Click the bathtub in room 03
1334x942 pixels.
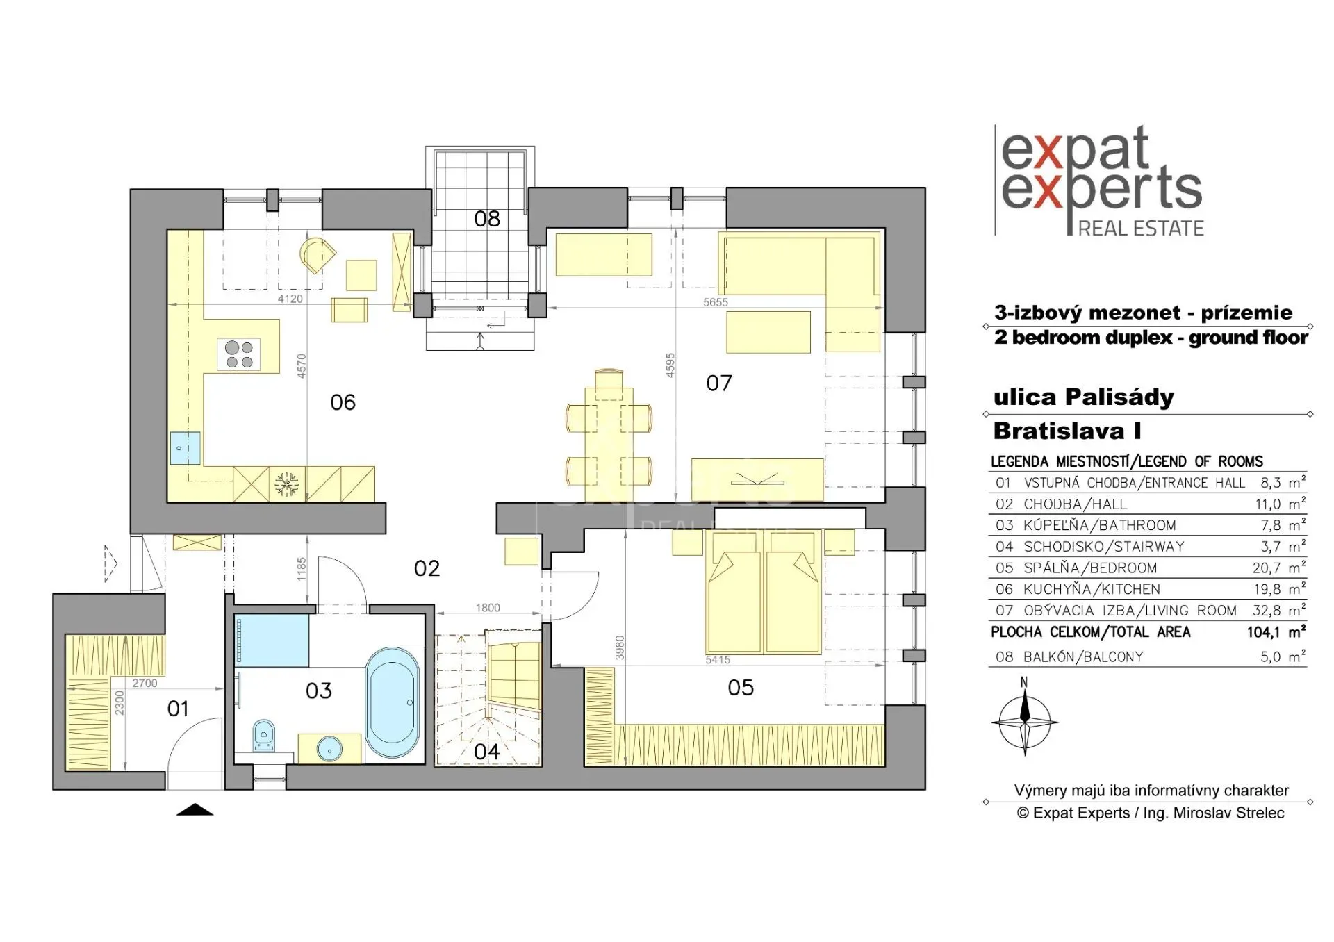(392, 702)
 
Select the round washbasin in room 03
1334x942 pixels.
(329, 749)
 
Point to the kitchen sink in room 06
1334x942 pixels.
(186, 448)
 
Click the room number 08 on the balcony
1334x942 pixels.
(487, 219)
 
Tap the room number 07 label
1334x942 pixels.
(719, 383)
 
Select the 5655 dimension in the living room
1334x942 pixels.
(716, 302)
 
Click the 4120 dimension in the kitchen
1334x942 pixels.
(290, 299)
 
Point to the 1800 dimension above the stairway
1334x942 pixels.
(488, 608)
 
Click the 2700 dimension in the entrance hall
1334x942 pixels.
(145, 684)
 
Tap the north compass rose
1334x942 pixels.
(1024, 722)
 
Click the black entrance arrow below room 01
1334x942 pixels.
(195, 809)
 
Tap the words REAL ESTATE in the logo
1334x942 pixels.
(1141, 229)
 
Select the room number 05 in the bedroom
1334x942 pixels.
(741, 688)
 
